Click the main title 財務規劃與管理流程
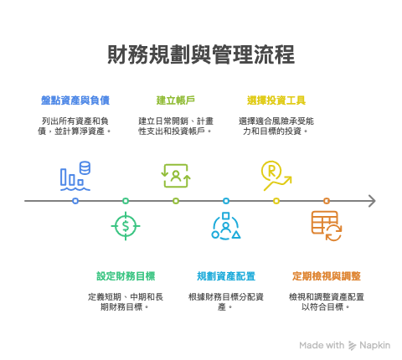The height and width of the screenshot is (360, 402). coord(201,54)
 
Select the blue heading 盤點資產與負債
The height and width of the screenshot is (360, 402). coord(75,100)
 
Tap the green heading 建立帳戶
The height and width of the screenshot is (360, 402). coord(176,100)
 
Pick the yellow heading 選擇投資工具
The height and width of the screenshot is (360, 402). coord(276,100)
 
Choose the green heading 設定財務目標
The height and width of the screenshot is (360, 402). coord(126,276)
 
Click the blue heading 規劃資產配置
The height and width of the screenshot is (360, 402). coord(226,276)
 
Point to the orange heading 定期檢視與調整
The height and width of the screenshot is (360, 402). coord(327,276)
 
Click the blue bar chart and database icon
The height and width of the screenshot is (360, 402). coord(75,176)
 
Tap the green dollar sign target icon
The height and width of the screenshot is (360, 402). coord(126,226)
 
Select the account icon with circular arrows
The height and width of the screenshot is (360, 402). coord(176,176)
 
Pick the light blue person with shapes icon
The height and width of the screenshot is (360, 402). coord(226,226)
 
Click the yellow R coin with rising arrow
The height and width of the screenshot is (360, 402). coord(276,176)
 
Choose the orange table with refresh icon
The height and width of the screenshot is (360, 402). coord(327,226)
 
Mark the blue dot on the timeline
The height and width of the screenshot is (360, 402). coord(75,201)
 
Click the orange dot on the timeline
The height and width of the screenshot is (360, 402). coord(327,201)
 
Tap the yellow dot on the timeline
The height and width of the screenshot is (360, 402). coord(276,201)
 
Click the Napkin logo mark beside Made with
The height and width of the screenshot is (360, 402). coord(353,346)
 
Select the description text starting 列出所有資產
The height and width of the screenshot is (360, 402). coord(75,126)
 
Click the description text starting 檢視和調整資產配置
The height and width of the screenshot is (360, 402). coord(327,302)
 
